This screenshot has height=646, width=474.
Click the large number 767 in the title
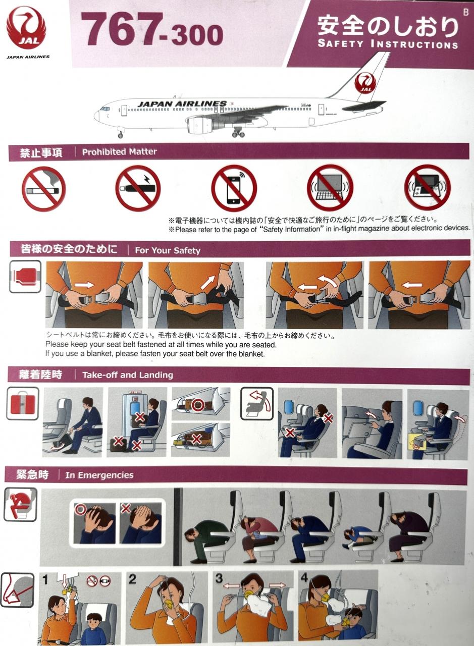click(x=120, y=29)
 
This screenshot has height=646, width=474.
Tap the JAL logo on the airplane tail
click(x=365, y=83)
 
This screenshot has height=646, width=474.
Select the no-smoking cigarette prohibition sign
click(x=44, y=189)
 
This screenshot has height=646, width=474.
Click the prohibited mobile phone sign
click(x=234, y=188)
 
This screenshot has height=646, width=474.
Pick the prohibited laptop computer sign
click(x=330, y=187)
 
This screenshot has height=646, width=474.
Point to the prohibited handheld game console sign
click(x=427, y=187)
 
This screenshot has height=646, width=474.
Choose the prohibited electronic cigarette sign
click(x=138, y=188)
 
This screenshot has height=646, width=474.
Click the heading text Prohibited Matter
click(x=120, y=152)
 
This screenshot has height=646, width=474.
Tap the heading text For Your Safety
click(x=168, y=250)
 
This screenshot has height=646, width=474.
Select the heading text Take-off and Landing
click(x=128, y=375)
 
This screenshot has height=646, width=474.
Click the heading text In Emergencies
click(x=99, y=475)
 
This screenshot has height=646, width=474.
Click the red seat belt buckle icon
click(x=25, y=277)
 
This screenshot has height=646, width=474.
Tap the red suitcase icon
click(x=23, y=403)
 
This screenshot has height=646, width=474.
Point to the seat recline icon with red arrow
click(x=257, y=403)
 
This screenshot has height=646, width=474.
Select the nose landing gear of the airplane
click(x=120, y=132)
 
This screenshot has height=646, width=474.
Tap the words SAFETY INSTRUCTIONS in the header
click(x=388, y=44)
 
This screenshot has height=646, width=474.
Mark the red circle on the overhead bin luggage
click(x=198, y=405)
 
